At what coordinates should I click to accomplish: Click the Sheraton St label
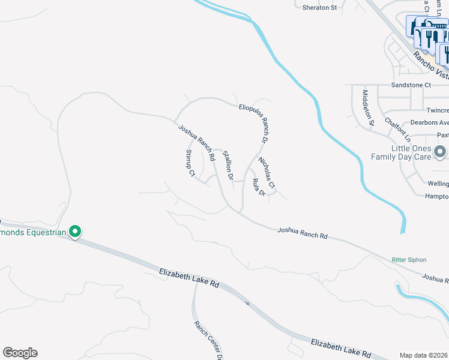pos(321,7)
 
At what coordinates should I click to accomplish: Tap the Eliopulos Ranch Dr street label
pos(252,120)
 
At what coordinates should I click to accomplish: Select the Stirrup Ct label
pos(190,164)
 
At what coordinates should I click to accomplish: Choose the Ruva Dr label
pos(259,187)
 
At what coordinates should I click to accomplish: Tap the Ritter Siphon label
pos(409,260)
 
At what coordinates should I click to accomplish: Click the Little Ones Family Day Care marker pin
pos(440,151)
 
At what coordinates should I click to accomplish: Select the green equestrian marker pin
pos(75,231)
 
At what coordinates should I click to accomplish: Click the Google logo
pos(20,353)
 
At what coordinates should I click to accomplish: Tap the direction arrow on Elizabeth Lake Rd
pos(247,302)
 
